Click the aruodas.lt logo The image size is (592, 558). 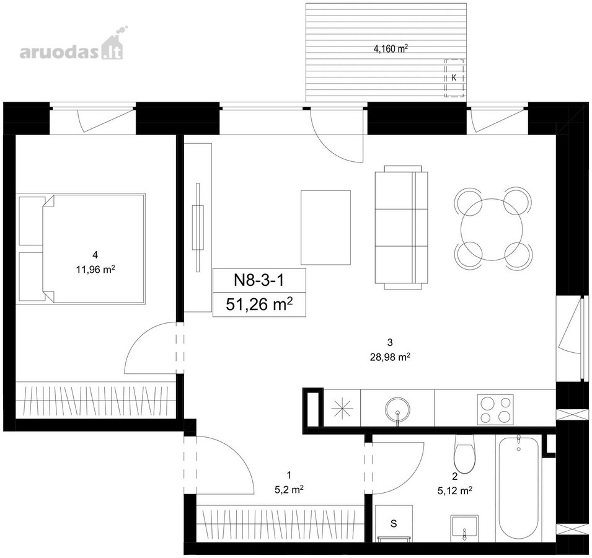pyautogui.click(x=72, y=45)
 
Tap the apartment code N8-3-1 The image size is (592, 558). pyautogui.click(x=259, y=280)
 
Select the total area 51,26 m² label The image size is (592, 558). pyautogui.click(x=259, y=304)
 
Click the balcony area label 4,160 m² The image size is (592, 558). pyautogui.click(x=391, y=48)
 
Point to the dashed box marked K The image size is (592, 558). pyautogui.click(x=454, y=78)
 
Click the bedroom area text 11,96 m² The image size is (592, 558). pyautogui.click(x=95, y=270)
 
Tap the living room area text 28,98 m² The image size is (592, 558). pyautogui.click(x=391, y=356)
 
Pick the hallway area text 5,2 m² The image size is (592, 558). pyautogui.click(x=289, y=489)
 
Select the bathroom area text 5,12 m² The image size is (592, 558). pyautogui.click(x=455, y=490)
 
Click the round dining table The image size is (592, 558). pyautogui.click(x=492, y=229)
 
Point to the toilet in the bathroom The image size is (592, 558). pyautogui.click(x=464, y=454)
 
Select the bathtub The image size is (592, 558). pyautogui.click(x=519, y=489)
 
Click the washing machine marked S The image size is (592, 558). pyautogui.click(x=394, y=523)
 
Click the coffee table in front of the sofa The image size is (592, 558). pyautogui.click(x=325, y=228)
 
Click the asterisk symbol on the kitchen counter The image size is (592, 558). pyautogui.click(x=342, y=409)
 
